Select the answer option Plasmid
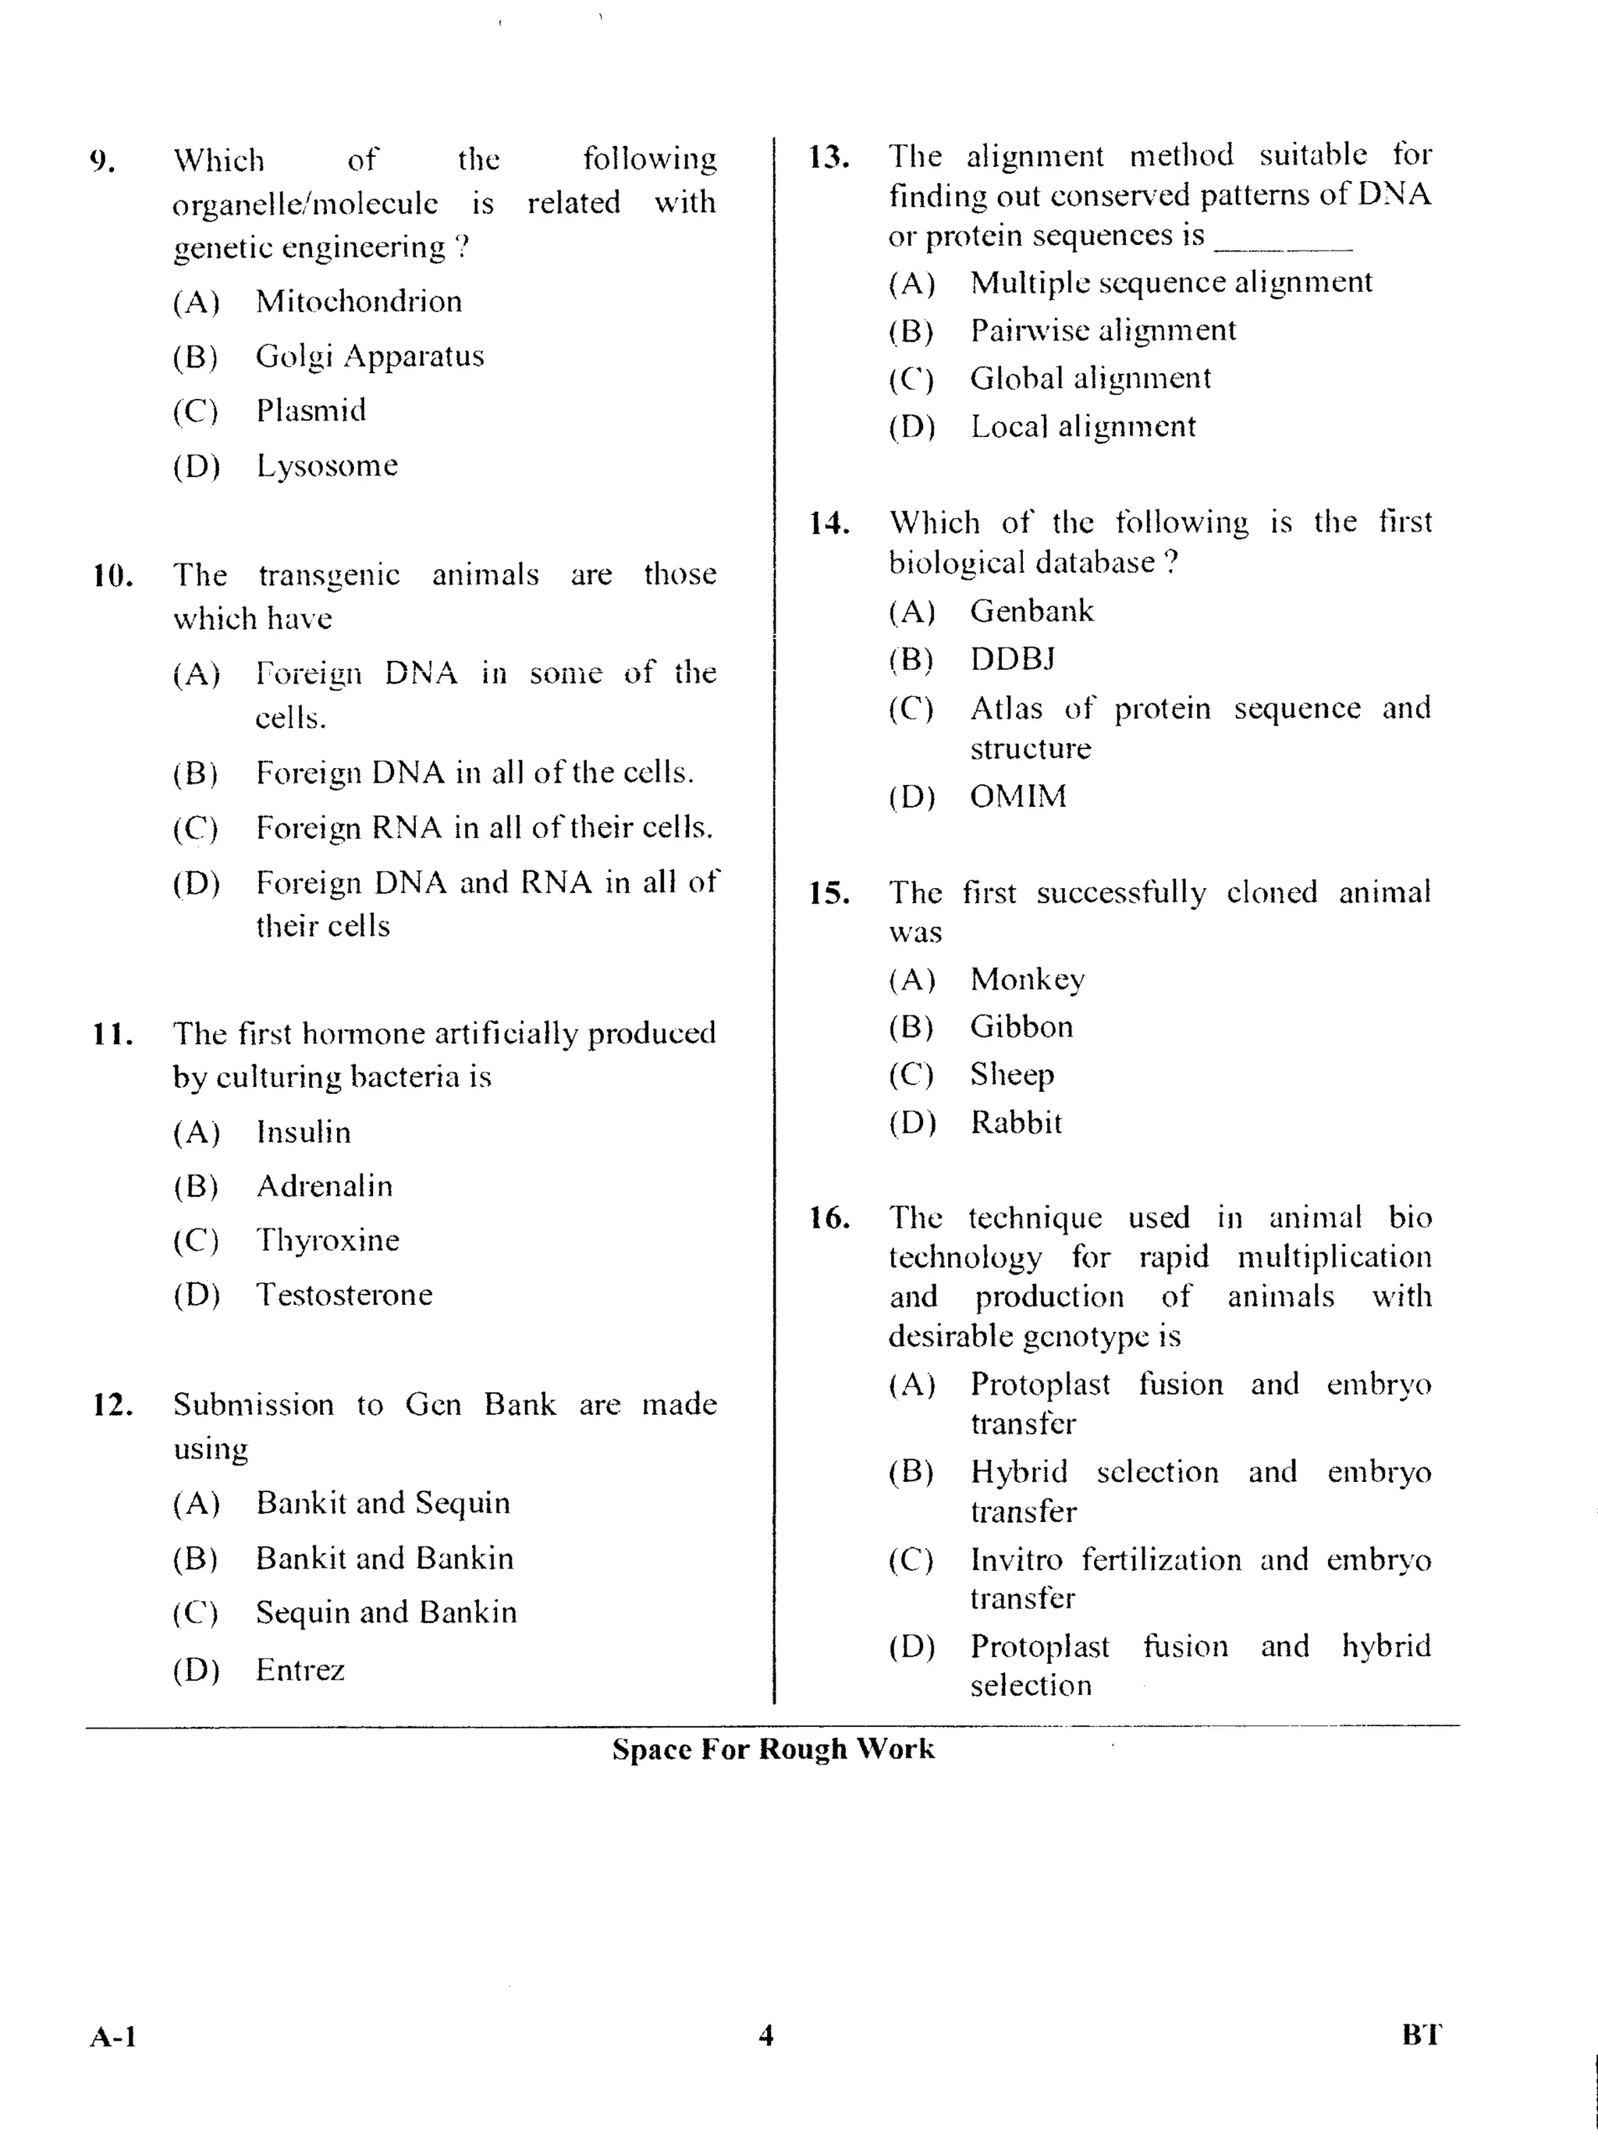(x=310, y=410)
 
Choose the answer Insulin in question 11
(x=304, y=1132)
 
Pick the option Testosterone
(x=344, y=1294)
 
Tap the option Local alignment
(x=1082, y=426)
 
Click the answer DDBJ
(x=1012, y=659)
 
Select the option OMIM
(x=1017, y=796)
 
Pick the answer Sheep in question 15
(x=1012, y=1074)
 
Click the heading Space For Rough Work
(x=772, y=1749)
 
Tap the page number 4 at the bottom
(x=765, y=2035)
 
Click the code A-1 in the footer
(x=113, y=2038)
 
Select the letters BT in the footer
(x=1422, y=2035)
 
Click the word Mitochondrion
(x=358, y=301)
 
